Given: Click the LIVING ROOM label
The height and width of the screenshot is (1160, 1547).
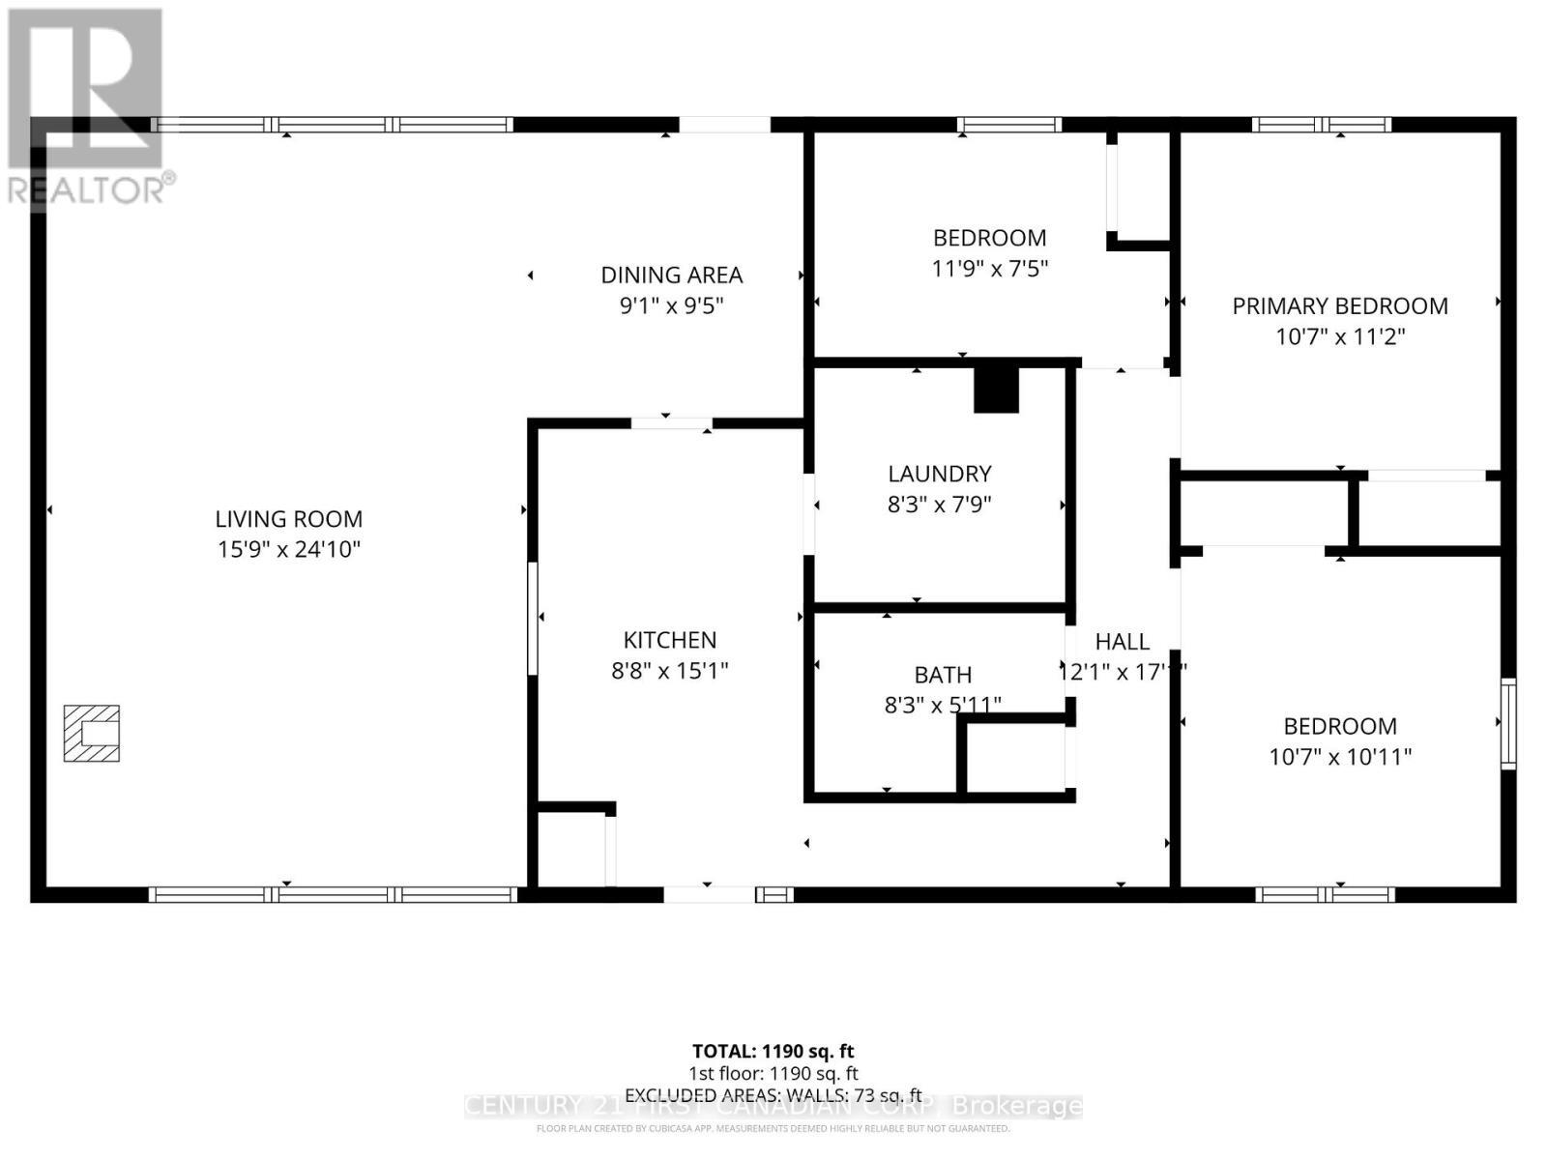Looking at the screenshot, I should (x=288, y=519).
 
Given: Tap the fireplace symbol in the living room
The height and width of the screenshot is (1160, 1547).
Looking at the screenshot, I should (x=92, y=733).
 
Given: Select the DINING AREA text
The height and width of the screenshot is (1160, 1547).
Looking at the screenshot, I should (x=671, y=275).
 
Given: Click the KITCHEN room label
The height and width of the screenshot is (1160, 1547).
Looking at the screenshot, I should (x=669, y=640).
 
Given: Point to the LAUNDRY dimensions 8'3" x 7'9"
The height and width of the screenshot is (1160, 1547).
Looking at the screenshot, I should (x=939, y=505).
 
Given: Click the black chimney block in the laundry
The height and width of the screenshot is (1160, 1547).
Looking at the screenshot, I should (x=996, y=389).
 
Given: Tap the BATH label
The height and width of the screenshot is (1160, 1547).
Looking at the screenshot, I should (x=943, y=675).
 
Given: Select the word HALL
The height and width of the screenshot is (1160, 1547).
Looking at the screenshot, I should (x=1122, y=642).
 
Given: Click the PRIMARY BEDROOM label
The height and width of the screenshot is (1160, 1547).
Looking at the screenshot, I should (x=1339, y=306).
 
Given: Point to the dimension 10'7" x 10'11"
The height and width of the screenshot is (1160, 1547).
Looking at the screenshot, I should (x=1339, y=757).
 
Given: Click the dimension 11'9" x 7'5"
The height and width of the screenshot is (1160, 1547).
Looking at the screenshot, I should (x=989, y=269).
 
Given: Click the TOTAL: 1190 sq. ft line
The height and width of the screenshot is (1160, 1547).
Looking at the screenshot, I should (x=773, y=1051).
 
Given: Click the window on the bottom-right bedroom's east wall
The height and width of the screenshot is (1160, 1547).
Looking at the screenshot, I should (x=1507, y=723).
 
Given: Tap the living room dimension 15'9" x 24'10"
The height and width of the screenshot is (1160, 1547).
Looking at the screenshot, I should (x=288, y=550).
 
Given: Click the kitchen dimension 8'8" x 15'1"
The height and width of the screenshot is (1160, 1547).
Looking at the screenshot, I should (x=669, y=671).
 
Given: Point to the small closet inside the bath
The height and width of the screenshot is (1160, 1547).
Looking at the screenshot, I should (x=1015, y=759).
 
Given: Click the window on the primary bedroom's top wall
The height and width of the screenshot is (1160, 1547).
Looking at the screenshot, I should (x=1321, y=125).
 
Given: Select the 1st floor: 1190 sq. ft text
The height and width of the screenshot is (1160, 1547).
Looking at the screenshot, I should (x=773, y=1073).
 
